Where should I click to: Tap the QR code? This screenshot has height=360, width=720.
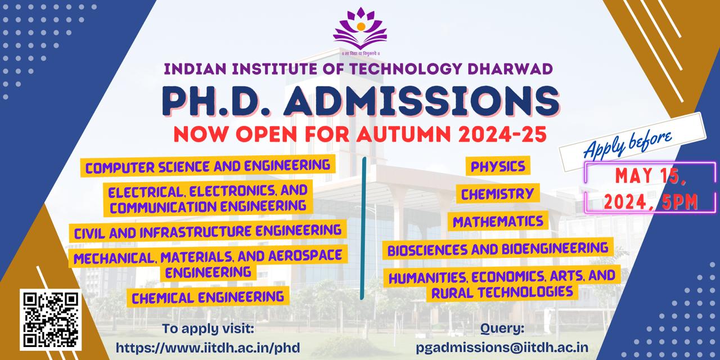coord(51,319)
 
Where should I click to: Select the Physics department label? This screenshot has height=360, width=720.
coord(498,166)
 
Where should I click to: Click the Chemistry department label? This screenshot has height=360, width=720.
coord(497,194)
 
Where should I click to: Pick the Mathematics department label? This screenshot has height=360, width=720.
coord(498,221)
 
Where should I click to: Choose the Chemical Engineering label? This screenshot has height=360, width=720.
coord(208,296)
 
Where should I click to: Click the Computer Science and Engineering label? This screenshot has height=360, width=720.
coord(208,166)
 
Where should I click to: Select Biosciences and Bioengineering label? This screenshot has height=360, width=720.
coord(498,248)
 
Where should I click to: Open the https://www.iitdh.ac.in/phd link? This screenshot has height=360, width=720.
coord(208,347)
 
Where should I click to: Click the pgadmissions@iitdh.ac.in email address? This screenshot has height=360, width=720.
coord(502,347)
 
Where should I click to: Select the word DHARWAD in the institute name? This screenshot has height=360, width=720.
coord(510,69)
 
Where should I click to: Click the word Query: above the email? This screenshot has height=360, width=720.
coord(502,328)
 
